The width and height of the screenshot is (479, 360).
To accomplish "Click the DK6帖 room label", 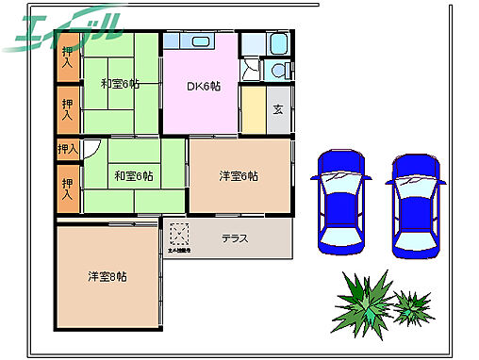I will [203, 86].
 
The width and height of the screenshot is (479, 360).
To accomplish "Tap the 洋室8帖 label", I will [108, 276].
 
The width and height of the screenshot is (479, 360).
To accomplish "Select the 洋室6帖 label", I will [239, 175].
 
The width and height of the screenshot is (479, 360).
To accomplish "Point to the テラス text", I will [235, 238].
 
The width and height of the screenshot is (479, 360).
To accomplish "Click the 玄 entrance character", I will [278, 109].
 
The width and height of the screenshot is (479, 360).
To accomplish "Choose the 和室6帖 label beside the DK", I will [120, 83].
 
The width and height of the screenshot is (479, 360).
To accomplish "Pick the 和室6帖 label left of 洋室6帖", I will [134, 175].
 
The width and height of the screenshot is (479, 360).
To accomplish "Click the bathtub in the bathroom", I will [279, 43].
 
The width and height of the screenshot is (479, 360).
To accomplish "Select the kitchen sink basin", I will [203, 41].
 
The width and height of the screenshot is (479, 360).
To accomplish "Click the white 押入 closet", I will [67, 149].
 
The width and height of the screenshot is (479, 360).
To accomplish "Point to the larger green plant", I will [363, 300].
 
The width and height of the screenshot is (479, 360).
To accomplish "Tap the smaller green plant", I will [411, 305].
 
